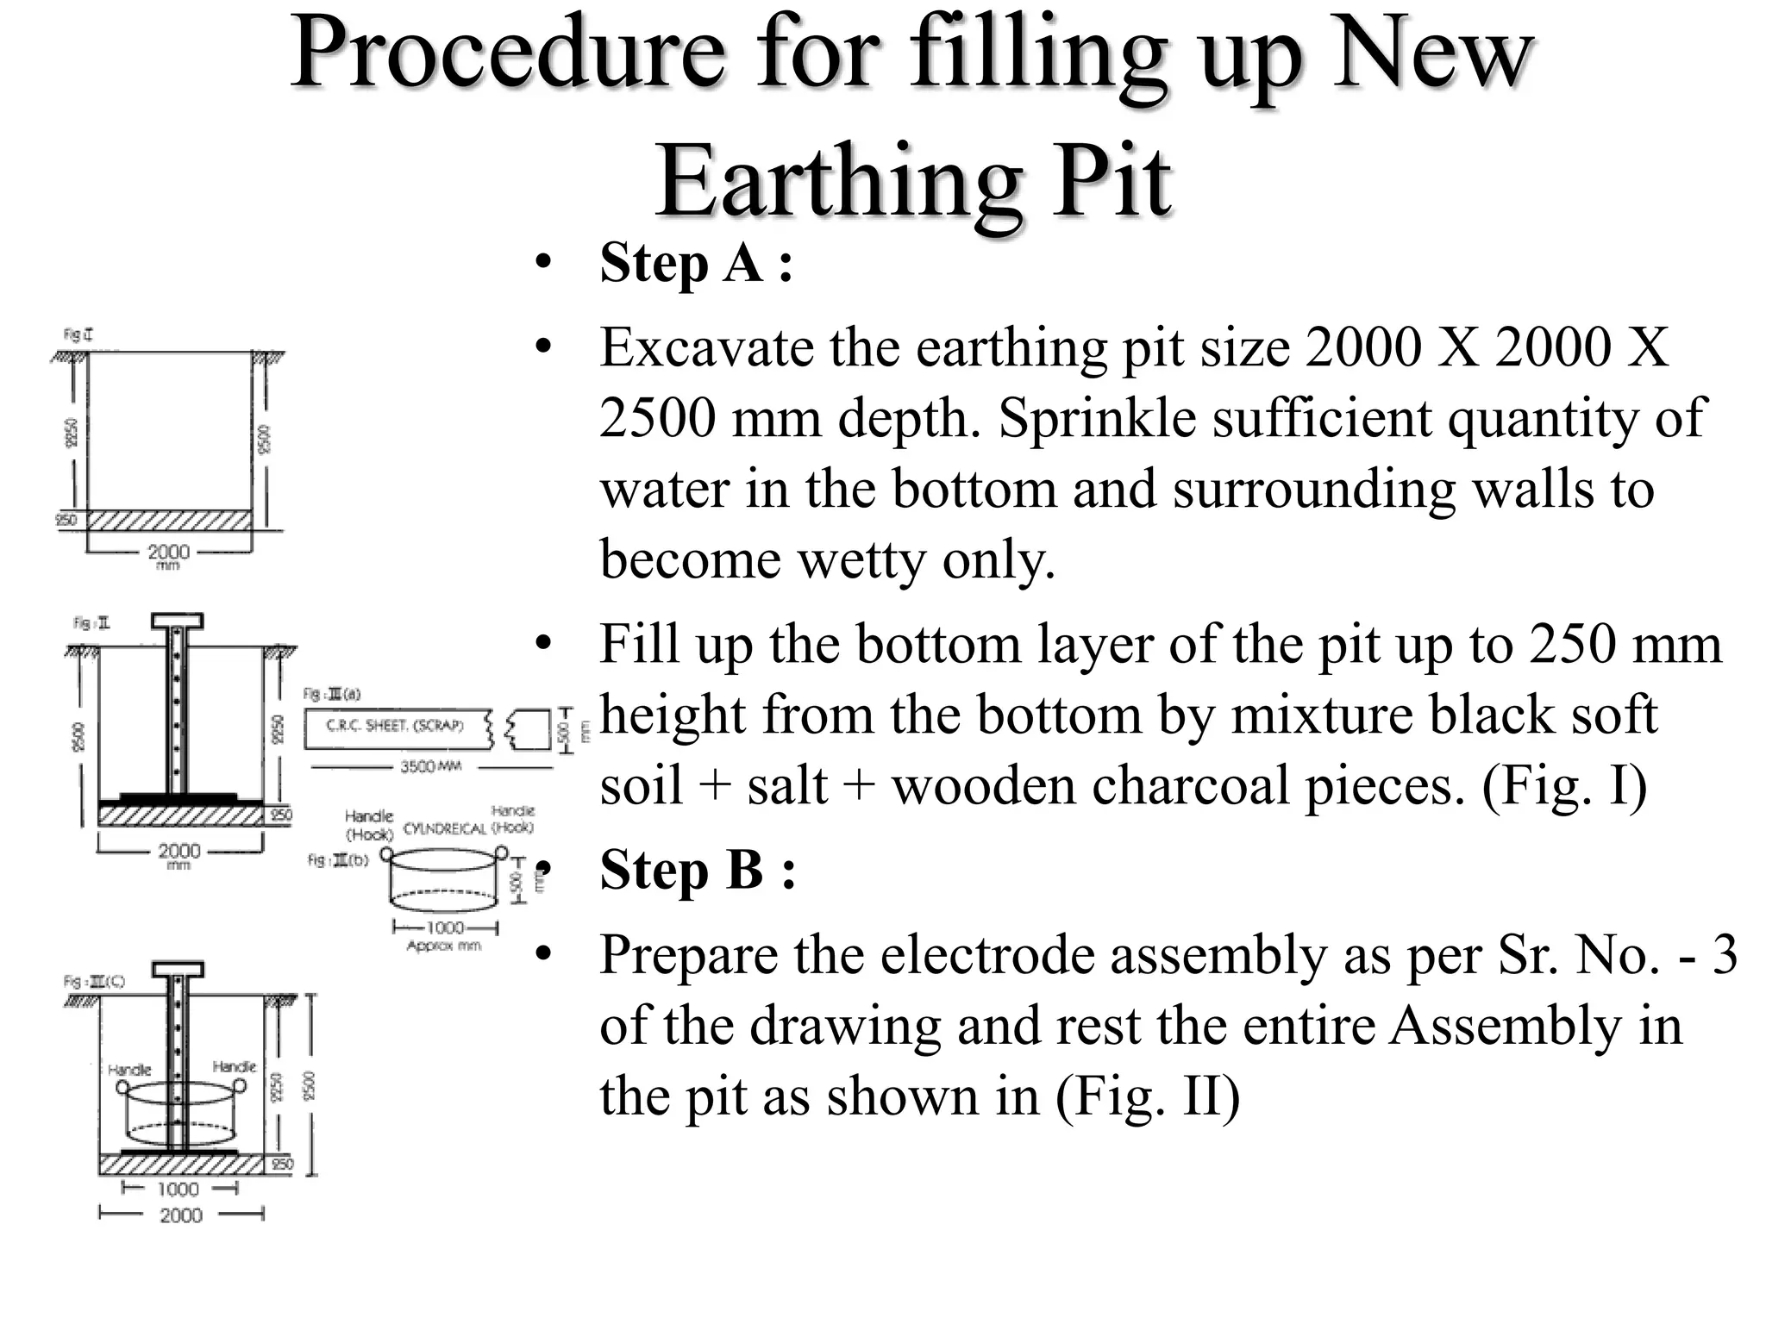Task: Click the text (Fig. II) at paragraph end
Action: point(1147,1097)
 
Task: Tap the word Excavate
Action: point(707,348)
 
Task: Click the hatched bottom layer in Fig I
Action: point(169,520)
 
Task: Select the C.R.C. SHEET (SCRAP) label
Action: point(394,726)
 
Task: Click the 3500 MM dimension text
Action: point(430,766)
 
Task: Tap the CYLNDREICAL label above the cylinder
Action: point(444,828)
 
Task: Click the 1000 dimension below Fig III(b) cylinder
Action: point(445,927)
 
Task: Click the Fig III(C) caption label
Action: point(94,982)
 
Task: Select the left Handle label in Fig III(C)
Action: point(129,1070)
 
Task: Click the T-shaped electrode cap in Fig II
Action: point(177,621)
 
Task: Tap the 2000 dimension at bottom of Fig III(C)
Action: point(181,1215)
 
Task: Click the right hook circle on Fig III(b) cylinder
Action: point(501,852)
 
